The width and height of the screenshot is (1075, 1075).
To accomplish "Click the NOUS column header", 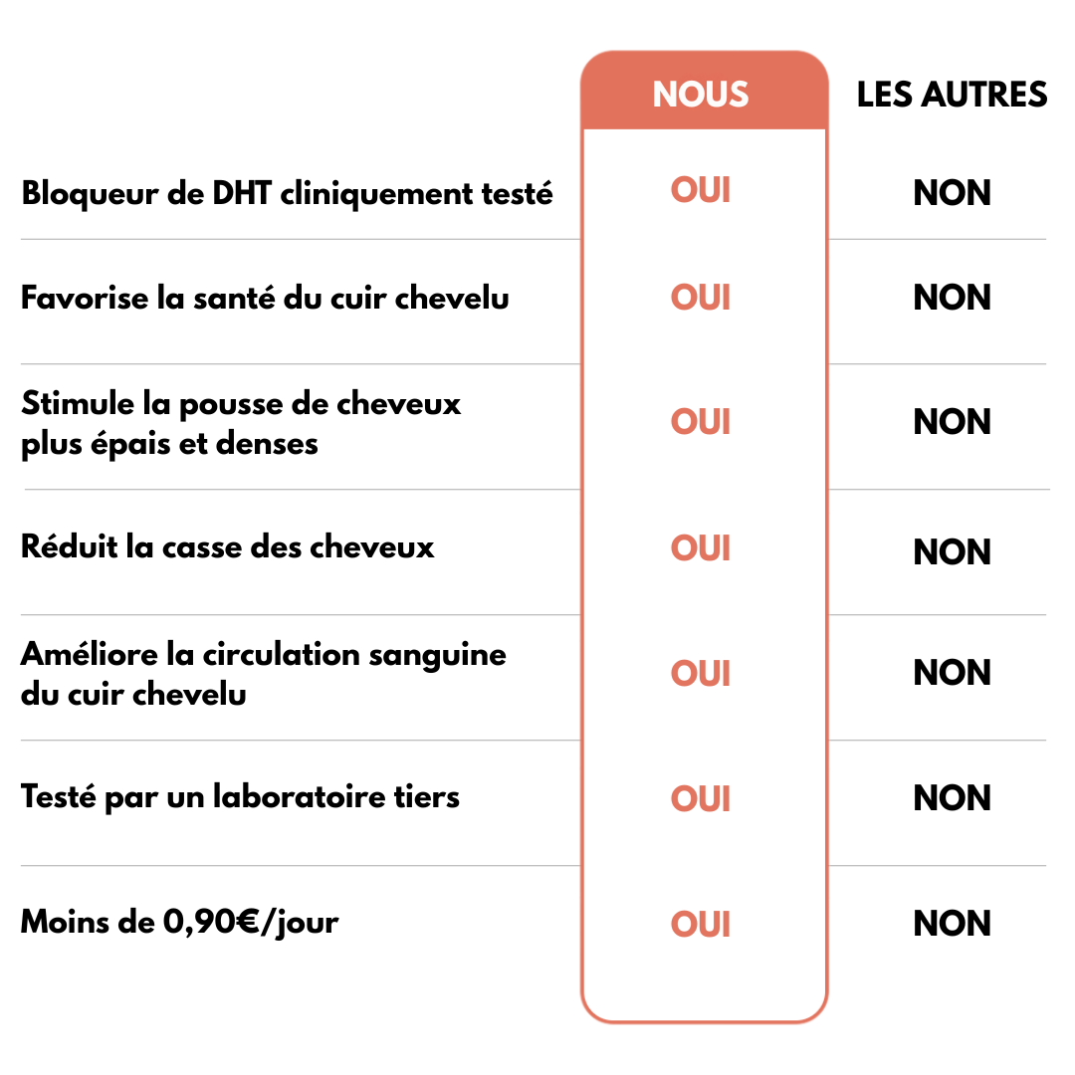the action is (x=700, y=94).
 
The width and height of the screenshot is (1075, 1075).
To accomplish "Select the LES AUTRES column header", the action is (x=952, y=94).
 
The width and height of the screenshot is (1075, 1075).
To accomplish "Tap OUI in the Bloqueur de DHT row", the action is (x=700, y=190).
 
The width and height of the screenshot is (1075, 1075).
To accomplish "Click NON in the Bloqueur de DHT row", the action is (x=952, y=193).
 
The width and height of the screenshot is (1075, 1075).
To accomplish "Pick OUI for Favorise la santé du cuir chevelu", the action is (x=700, y=298).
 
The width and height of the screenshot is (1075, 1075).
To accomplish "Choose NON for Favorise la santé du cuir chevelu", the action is (x=952, y=298).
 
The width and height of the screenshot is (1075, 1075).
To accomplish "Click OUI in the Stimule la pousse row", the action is (x=700, y=422).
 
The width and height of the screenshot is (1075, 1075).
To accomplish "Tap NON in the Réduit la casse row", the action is (x=952, y=551).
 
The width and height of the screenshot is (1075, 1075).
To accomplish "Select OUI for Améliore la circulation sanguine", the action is (x=700, y=673).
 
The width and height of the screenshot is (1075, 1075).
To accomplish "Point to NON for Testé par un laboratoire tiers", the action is (x=952, y=798).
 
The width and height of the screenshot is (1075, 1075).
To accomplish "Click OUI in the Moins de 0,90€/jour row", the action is (x=700, y=924).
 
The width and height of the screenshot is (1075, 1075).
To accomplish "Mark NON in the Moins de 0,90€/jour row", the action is (x=952, y=924).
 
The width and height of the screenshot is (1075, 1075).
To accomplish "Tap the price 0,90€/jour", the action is (x=251, y=923).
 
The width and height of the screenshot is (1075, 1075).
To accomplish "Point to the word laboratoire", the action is (x=299, y=796).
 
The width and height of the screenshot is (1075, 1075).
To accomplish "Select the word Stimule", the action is (x=78, y=403).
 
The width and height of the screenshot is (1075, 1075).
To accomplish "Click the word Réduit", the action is (x=70, y=546).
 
